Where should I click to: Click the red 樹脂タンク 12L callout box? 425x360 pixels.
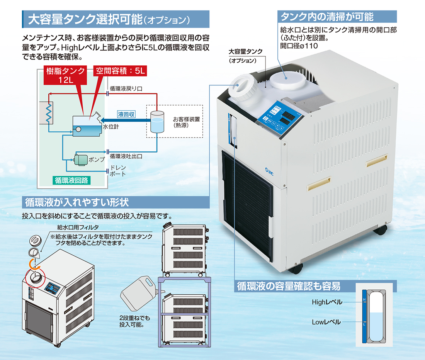pyautogui.click(x=66, y=75)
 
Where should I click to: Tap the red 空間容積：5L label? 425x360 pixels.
pyautogui.click(x=120, y=71)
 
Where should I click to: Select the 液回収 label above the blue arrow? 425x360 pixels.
pyautogui.click(x=126, y=114)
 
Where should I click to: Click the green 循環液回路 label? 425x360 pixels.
pyautogui.click(x=71, y=180)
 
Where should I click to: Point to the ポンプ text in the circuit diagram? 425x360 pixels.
pyautogui.click(x=97, y=160)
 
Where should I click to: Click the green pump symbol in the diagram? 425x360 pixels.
pyautogui.click(x=81, y=160)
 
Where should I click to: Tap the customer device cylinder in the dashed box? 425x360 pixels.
pyautogui.click(x=157, y=122)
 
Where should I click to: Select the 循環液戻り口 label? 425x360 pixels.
pyautogui.click(x=126, y=89)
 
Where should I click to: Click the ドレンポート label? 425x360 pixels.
pyautogui.click(x=118, y=171)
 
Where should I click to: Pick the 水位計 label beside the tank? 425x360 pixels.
pyautogui.click(x=111, y=126)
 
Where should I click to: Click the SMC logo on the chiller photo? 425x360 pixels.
pyautogui.click(x=269, y=171)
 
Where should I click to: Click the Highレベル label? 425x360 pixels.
pyautogui.click(x=327, y=302)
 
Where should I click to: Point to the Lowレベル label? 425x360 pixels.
pyautogui.click(x=326, y=322)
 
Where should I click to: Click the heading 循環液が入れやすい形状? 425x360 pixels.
pyautogui.click(x=77, y=202)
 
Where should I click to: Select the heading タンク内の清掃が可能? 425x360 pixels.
pyautogui.click(x=327, y=17)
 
